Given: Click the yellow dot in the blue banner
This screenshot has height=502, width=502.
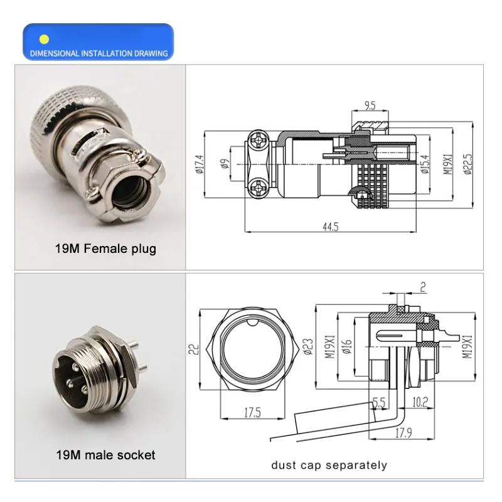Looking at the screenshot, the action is pos(44,40).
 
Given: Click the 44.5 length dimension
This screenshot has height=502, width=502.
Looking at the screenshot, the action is pos(331,227).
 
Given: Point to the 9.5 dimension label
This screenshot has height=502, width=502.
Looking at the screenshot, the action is pos(370,105).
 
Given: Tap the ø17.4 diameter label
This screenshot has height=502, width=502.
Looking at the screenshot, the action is pos(199,164).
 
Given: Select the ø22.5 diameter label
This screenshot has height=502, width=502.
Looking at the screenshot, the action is pos(467,164).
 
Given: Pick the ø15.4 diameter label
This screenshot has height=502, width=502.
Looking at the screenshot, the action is pos(425,164).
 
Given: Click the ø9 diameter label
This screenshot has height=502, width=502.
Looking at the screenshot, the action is pos(225,164).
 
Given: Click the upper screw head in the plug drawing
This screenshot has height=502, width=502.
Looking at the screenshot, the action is pos(258,140).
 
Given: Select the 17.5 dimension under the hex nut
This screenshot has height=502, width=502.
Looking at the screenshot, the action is pos(253,412).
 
